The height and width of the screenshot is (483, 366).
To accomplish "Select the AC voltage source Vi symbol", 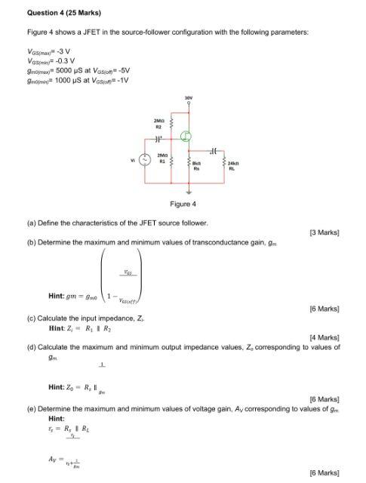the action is [x=139, y=159].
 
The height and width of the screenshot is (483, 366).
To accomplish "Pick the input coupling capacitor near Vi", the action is [x=158, y=140].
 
